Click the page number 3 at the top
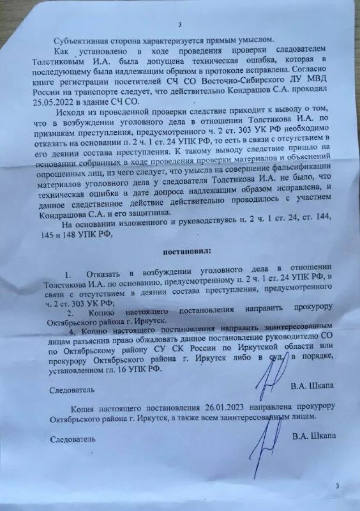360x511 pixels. pyautogui.click(x=180, y=25)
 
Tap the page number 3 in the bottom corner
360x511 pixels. pyautogui.click(x=337, y=487)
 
